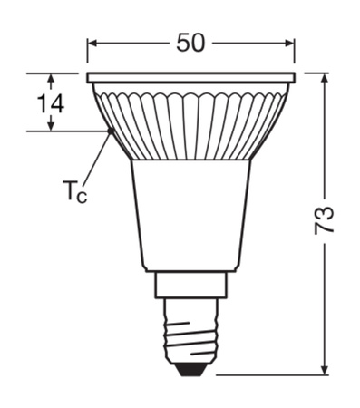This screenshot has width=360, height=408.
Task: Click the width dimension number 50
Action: click(190, 43)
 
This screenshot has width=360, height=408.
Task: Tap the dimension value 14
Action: click(52, 102)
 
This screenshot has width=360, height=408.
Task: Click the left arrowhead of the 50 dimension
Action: click(92, 44)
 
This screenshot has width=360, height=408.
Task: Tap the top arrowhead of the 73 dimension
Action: click(325, 79)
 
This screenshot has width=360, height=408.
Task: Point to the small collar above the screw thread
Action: click(190, 286)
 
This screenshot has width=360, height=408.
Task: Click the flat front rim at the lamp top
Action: click(190, 78)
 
